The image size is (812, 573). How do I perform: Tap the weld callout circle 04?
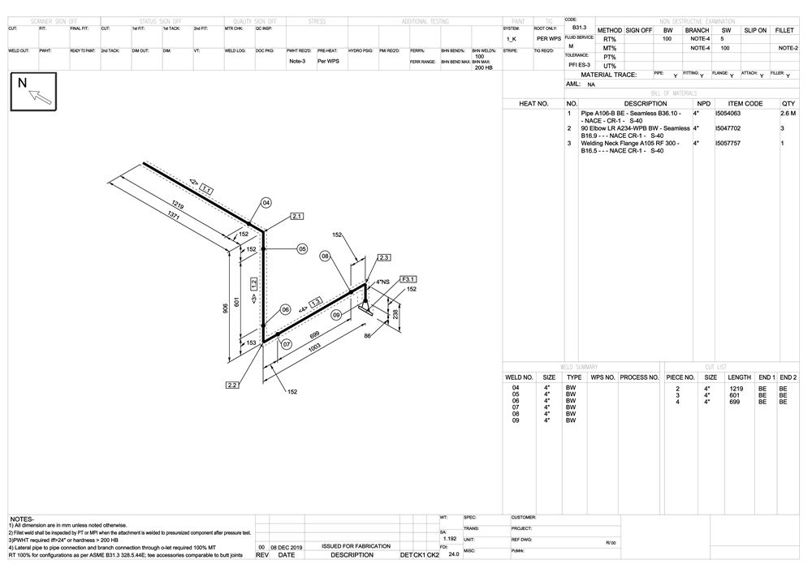(x=266, y=202)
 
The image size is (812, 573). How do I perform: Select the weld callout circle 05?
(x=302, y=249)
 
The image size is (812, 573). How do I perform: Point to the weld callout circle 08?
(x=326, y=256)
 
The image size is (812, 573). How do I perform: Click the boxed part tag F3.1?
(x=408, y=279)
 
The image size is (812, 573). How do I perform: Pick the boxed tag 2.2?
(x=232, y=385)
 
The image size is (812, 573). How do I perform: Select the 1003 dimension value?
(x=315, y=347)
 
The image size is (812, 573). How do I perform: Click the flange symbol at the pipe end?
(x=367, y=308)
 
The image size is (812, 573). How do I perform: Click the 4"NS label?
(x=382, y=282)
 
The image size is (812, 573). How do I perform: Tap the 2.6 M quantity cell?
(x=788, y=114)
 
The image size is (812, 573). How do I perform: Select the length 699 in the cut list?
(x=734, y=402)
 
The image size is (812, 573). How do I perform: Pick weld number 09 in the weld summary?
(x=516, y=420)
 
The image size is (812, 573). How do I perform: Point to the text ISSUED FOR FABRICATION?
(x=356, y=546)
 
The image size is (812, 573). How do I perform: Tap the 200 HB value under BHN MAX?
(x=484, y=67)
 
